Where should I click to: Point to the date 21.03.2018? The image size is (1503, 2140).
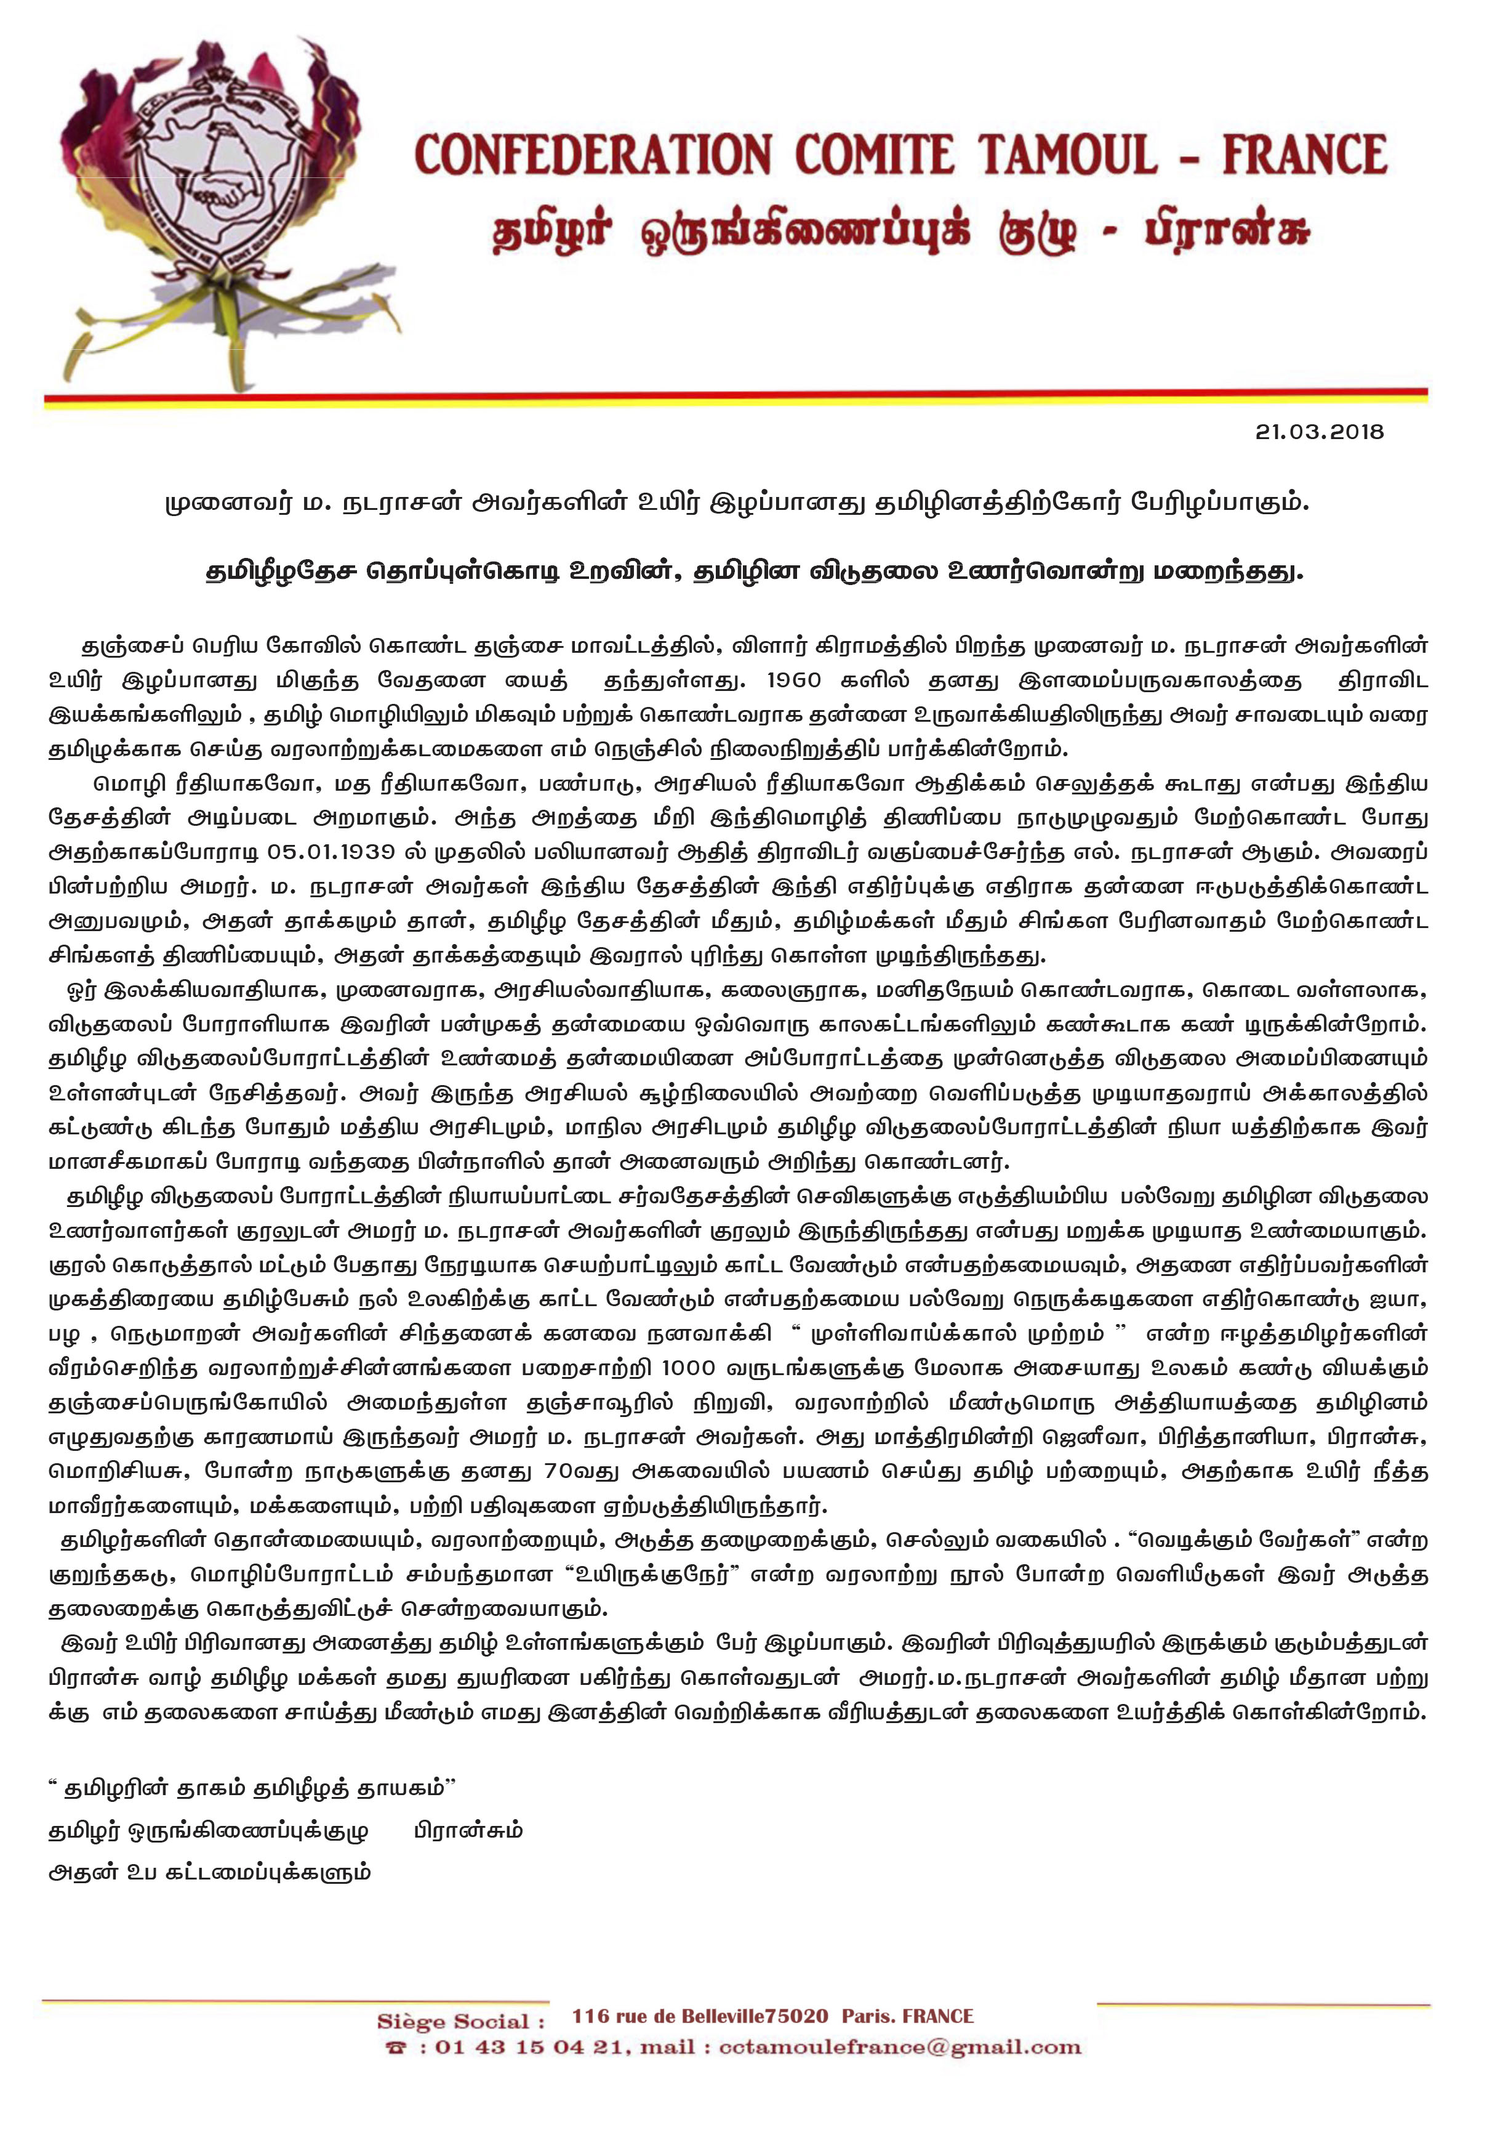pyautogui.click(x=1318, y=432)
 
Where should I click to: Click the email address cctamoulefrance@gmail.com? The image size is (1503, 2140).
pyautogui.click(x=900, y=2048)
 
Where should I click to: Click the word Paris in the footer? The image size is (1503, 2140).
pyautogui.click(x=867, y=2016)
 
